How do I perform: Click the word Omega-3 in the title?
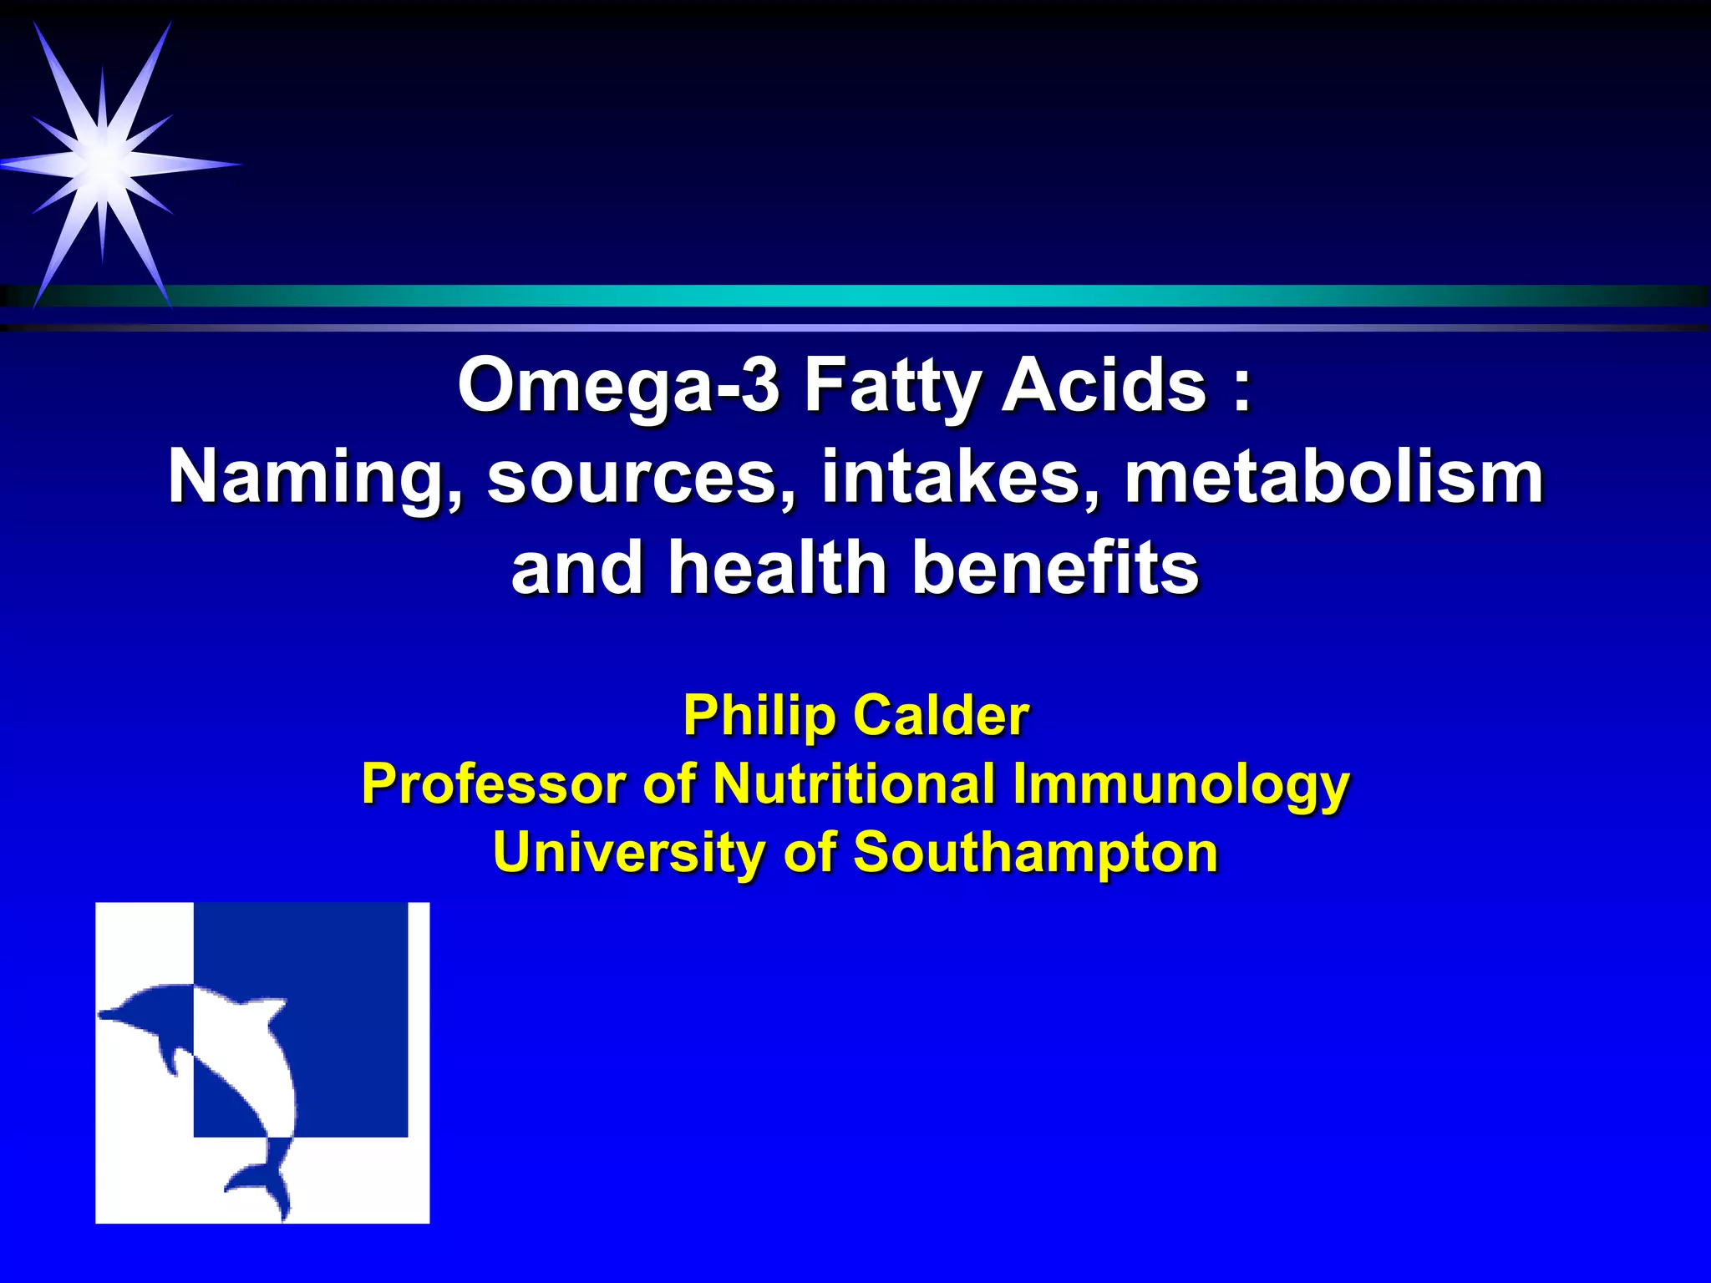coord(618,386)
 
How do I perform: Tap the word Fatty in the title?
coord(892,386)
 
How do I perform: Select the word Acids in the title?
coord(1104,386)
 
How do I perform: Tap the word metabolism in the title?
coord(1334,478)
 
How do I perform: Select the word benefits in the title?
coord(1056,568)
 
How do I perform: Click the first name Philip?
coord(759,717)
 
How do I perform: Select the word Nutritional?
coord(853,784)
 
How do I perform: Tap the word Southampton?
coord(1035,853)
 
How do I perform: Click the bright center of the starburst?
coord(102,159)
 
